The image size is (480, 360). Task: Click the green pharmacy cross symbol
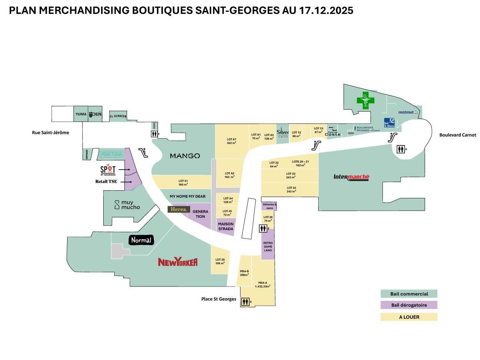click(365, 100)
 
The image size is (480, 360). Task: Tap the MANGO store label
click(185, 156)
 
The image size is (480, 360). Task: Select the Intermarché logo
click(351, 177)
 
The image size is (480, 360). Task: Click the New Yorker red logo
click(178, 262)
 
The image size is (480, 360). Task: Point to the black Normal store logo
click(141, 240)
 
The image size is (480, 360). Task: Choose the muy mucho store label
click(127, 205)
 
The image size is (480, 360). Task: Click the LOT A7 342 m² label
click(232, 141)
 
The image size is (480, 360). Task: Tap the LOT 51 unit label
click(183, 183)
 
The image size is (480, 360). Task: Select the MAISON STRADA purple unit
click(226, 227)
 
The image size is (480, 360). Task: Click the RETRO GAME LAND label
click(268, 247)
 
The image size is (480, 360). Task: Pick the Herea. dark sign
click(178, 209)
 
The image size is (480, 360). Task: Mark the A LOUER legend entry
click(409, 317)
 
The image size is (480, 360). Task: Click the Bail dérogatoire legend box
click(409, 305)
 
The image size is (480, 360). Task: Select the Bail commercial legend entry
click(409, 294)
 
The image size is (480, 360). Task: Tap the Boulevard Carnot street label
click(457, 135)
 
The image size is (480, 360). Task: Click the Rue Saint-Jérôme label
click(51, 133)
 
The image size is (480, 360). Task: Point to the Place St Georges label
click(219, 299)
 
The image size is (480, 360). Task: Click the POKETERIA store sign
click(111, 154)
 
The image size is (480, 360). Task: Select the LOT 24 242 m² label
click(291, 190)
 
